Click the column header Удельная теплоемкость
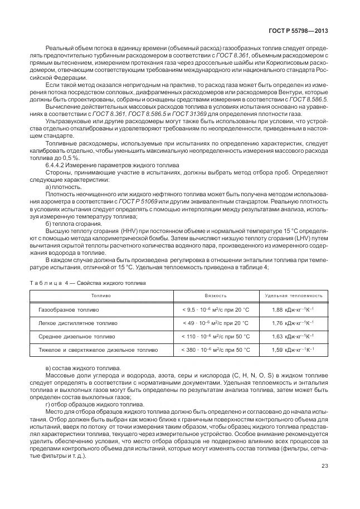click(x=293, y=295)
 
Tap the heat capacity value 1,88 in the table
click(x=278, y=309)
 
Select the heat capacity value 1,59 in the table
click(x=278, y=350)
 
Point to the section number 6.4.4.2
click(x=56, y=165)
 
